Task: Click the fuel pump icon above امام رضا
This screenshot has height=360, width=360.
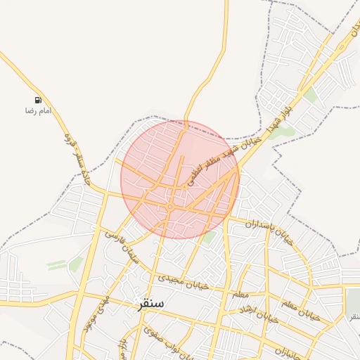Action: [x=37, y=101]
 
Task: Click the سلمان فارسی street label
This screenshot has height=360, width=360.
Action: [x=124, y=243]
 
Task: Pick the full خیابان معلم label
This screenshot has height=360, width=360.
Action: [x=300, y=310]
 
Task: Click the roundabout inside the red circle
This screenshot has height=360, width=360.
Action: [x=171, y=207]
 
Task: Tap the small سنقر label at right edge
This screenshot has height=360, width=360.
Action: [x=353, y=316]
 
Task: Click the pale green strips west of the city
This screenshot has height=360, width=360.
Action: [x=56, y=264]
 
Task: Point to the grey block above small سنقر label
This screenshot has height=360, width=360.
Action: [x=353, y=301]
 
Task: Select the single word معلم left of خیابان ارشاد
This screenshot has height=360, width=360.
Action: [x=240, y=293]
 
